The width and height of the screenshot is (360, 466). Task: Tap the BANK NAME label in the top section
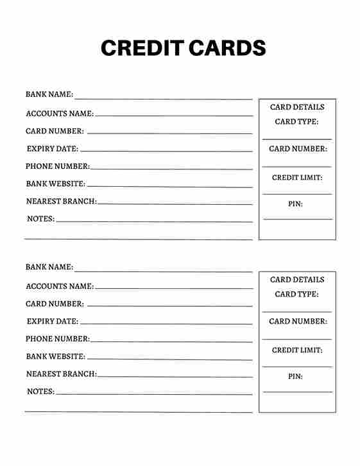point(49,94)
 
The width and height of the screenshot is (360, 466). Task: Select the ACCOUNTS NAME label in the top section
point(60,114)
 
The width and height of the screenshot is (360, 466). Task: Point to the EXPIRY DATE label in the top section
point(53,149)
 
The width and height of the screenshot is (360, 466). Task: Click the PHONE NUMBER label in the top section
point(58,166)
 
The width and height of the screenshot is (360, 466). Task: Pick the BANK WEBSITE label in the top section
point(56,184)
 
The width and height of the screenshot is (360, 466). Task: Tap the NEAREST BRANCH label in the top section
point(62,201)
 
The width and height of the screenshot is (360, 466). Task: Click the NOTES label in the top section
point(40,219)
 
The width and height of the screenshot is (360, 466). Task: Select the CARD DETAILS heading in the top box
point(297,107)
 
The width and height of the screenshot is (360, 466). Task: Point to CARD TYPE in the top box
point(296,121)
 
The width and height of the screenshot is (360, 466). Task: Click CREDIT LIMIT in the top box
point(297,178)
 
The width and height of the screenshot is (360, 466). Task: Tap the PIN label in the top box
point(295,204)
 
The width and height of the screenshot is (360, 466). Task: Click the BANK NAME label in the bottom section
point(49,267)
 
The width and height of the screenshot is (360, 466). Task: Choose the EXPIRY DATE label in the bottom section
point(53,322)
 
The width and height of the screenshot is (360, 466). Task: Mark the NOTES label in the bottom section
point(40,392)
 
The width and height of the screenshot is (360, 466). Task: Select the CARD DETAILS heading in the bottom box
point(297,280)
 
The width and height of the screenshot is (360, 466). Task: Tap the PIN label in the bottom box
point(295,377)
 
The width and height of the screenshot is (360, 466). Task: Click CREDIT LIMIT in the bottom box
point(297,350)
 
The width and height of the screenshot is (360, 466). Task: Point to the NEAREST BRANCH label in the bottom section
point(62,374)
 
